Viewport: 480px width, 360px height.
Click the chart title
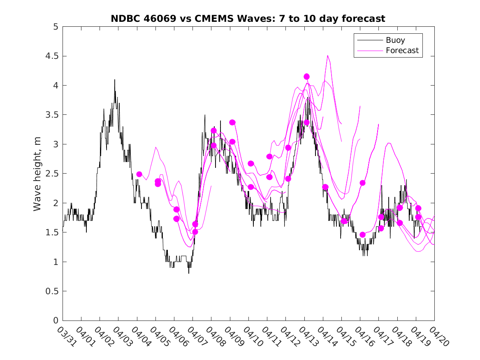pyautogui.click(x=248, y=19)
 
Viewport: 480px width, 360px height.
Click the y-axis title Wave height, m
pyautogui.click(x=37, y=173)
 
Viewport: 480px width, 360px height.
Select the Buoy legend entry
pyautogui.click(x=395, y=40)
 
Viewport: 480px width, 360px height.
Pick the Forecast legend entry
pyautogui.click(x=402, y=51)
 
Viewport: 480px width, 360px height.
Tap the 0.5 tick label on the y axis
pyautogui.click(x=52, y=291)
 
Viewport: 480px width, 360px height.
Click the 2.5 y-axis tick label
pyautogui.click(x=52, y=174)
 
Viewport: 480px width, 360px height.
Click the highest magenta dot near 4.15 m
pyautogui.click(x=306, y=77)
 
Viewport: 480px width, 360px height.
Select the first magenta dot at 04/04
pyautogui.click(x=139, y=174)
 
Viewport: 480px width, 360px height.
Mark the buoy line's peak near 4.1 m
pyautogui.click(x=115, y=79)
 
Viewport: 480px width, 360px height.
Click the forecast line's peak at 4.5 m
pyautogui.click(x=327, y=55)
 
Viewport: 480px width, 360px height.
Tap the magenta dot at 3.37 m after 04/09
pyautogui.click(x=232, y=122)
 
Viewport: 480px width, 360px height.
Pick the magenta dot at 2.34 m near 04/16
pyautogui.click(x=362, y=183)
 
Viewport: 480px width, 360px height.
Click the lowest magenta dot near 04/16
pyautogui.click(x=362, y=235)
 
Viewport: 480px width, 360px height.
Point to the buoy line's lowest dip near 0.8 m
pyautogui.click(x=189, y=273)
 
